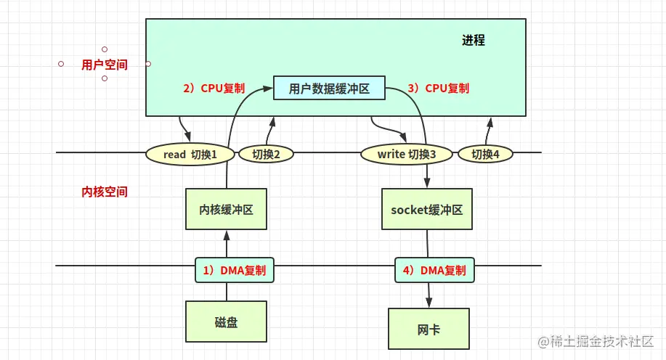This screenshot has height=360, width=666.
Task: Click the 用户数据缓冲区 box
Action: (329, 89)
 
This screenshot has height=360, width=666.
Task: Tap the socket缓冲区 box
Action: (426, 210)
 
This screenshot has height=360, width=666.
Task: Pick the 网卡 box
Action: (429, 330)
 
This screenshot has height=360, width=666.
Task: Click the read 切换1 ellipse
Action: (191, 154)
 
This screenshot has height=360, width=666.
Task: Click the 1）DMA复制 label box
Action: (234, 271)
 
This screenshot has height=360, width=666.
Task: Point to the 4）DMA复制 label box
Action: (434, 271)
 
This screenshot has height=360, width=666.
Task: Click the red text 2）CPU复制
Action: (214, 89)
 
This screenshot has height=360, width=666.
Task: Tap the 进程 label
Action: (473, 41)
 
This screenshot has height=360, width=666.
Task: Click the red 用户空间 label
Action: (105, 65)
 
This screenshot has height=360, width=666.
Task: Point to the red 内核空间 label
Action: (105, 192)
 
